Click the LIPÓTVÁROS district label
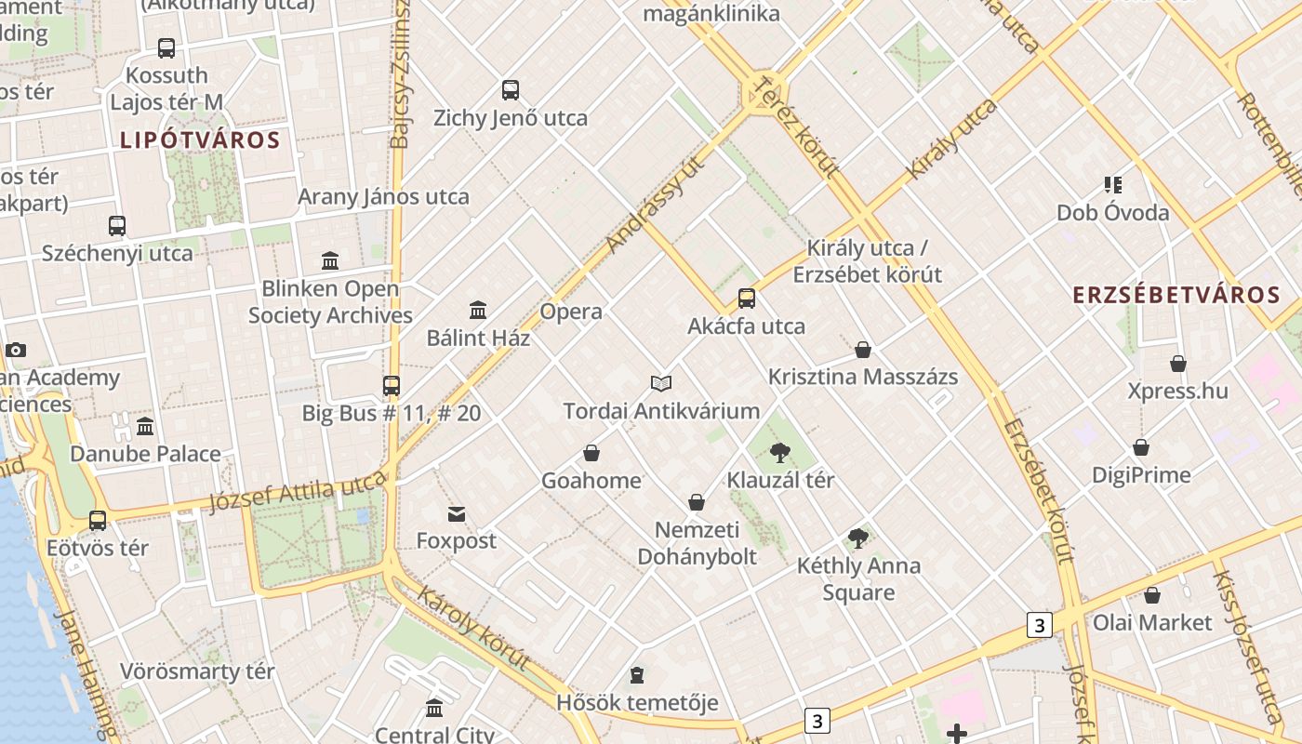pos(200,140)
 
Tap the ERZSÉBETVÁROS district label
pos(1176,296)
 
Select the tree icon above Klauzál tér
pos(779,453)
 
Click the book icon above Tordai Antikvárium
pos(661,383)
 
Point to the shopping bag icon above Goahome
pos(591,453)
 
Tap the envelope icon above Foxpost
pos(456,514)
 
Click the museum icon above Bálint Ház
pos(478,310)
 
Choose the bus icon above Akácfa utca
pos(746,299)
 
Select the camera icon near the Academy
pos(15,351)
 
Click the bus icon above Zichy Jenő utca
pos(510,90)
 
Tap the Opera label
pos(571,312)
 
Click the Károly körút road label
pos(472,628)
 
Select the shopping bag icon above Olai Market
pos(1152,595)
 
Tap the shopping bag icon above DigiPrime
pos(1140,448)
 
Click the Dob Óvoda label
pos(1112,213)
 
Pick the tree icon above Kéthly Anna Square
pos(858,538)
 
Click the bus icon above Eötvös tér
pos(98,521)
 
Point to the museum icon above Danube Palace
pos(145,427)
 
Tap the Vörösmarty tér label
pos(197,671)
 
